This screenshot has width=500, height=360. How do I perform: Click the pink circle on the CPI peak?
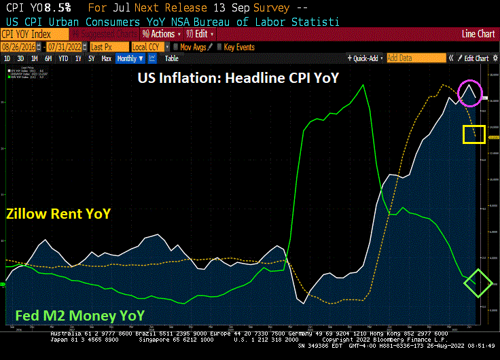pos(469,93)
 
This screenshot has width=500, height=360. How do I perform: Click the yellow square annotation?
pos(473,134)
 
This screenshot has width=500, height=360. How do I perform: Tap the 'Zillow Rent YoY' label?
pos(58,214)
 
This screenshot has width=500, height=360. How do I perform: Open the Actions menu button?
pos(160,34)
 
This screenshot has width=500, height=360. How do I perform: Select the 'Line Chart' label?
pos(478,34)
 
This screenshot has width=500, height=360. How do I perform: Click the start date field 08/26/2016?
pos(19,48)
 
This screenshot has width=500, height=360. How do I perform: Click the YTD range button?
pos(63,58)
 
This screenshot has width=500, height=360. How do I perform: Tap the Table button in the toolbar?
pos(172,58)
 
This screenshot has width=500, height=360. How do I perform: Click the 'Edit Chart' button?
pos(474,58)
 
